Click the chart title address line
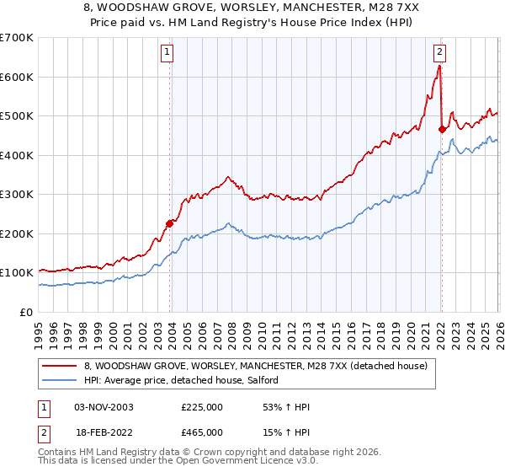(x=252, y=7)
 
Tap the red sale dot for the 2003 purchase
(x=170, y=223)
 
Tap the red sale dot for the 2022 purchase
(x=442, y=129)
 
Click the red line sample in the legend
(x=60, y=366)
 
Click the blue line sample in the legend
(x=60, y=381)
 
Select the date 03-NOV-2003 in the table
(x=104, y=407)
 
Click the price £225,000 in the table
(x=202, y=407)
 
